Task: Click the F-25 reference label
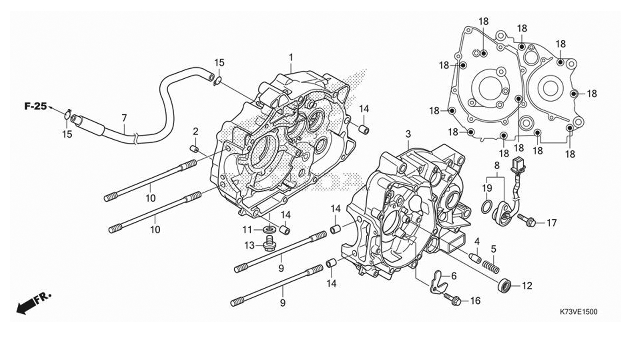tap(36, 106)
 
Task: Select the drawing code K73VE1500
tap(579, 311)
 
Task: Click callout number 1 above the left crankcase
tap(291, 57)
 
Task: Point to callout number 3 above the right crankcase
tap(408, 134)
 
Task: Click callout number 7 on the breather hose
tap(124, 117)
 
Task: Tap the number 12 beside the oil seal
tap(527, 285)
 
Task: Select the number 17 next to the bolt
tap(551, 223)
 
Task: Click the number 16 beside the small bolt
tap(475, 300)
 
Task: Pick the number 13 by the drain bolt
tap(249, 245)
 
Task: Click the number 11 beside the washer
tap(247, 229)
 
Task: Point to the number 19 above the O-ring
tap(487, 188)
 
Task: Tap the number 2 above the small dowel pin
tap(196, 131)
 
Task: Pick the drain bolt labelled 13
tap(268, 244)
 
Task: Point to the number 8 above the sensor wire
tap(497, 165)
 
